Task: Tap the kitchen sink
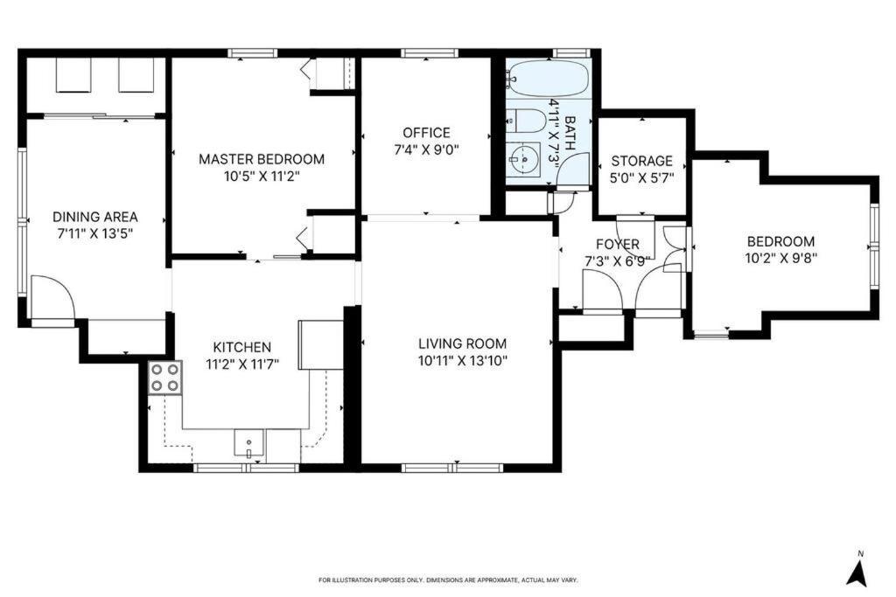tap(249, 443)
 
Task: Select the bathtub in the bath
tap(549, 80)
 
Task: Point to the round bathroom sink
tap(524, 160)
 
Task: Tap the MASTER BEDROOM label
tap(262, 159)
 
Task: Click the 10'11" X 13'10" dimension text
tap(462, 360)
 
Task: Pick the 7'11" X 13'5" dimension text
tap(95, 233)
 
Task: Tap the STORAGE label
tap(641, 161)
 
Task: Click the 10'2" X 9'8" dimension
tap(780, 258)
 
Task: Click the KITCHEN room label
tap(241, 347)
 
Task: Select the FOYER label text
tap(618, 244)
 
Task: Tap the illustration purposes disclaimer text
tap(447, 580)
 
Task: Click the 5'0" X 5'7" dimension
tap(641, 177)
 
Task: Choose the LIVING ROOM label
tap(462, 344)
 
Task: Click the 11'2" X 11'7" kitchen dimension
tap(241, 364)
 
